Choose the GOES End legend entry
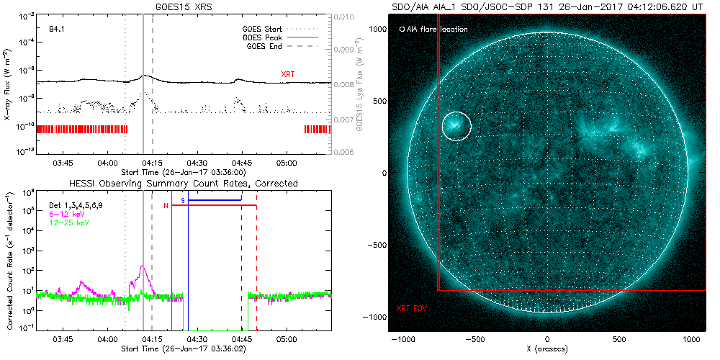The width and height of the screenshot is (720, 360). (265, 45)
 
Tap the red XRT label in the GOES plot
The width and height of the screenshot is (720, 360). (288, 74)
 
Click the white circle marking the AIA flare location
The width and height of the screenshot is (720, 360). (456, 126)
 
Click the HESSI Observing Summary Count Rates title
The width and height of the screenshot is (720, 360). (183, 184)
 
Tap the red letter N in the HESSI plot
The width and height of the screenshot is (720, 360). (166, 207)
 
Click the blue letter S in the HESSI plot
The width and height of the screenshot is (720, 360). (183, 199)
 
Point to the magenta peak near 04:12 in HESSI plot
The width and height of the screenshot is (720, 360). (143, 267)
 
